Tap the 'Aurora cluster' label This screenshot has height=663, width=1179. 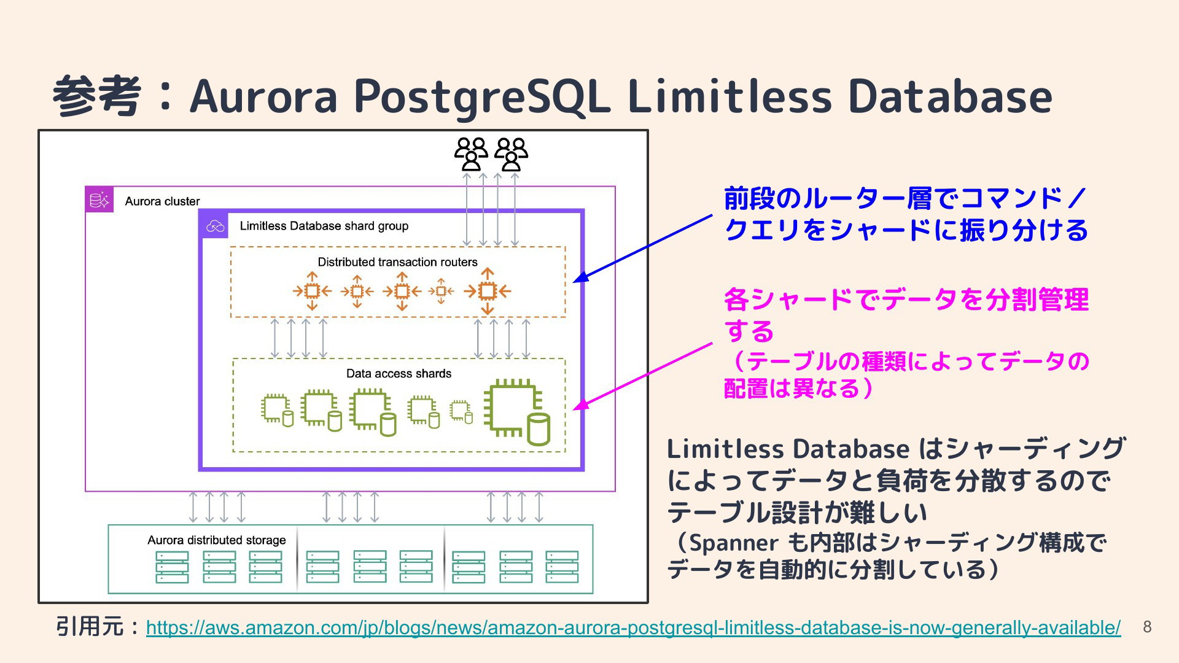[x=162, y=201]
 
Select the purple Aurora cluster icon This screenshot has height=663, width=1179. [x=99, y=200]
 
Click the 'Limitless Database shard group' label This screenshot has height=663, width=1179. [x=324, y=226]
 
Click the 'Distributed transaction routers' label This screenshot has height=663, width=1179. [x=397, y=262]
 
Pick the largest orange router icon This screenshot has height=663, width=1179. [x=487, y=291]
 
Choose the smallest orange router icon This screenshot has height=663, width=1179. [x=441, y=291]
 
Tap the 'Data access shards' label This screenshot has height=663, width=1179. [x=399, y=374]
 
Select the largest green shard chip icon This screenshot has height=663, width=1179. [x=516, y=411]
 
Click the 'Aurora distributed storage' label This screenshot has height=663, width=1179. [x=216, y=540]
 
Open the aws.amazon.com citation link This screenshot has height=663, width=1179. [x=633, y=628]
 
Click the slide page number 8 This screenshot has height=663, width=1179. [x=1147, y=627]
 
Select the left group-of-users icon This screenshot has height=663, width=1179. [x=471, y=153]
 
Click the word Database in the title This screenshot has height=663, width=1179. [x=951, y=97]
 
